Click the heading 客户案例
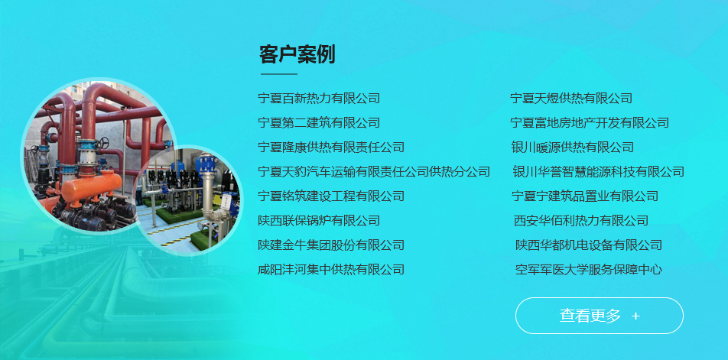(x=297, y=55)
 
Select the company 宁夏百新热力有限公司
(x=319, y=99)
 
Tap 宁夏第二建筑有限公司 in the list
(x=319, y=123)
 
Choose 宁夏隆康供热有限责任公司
(x=331, y=148)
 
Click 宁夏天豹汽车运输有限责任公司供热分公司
(x=374, y=172)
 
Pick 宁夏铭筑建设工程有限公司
(x=331, y=196)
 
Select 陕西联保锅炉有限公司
(x=319, y=221)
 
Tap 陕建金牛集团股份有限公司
(x=331, y=245)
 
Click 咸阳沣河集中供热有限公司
(x=331, y=270)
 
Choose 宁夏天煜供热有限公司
(x=571, y=99)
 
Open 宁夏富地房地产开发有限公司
(x=590, y=123)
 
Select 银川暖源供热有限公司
(x=573, y=148)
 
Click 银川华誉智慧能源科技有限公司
(x=598, y=172)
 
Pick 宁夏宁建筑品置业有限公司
(x=585, y=196)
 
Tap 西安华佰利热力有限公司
(x=581, y=221)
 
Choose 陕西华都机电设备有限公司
(x=589, y=245)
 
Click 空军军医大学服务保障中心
(x=589, y=270)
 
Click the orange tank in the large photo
(x=90, y=184)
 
